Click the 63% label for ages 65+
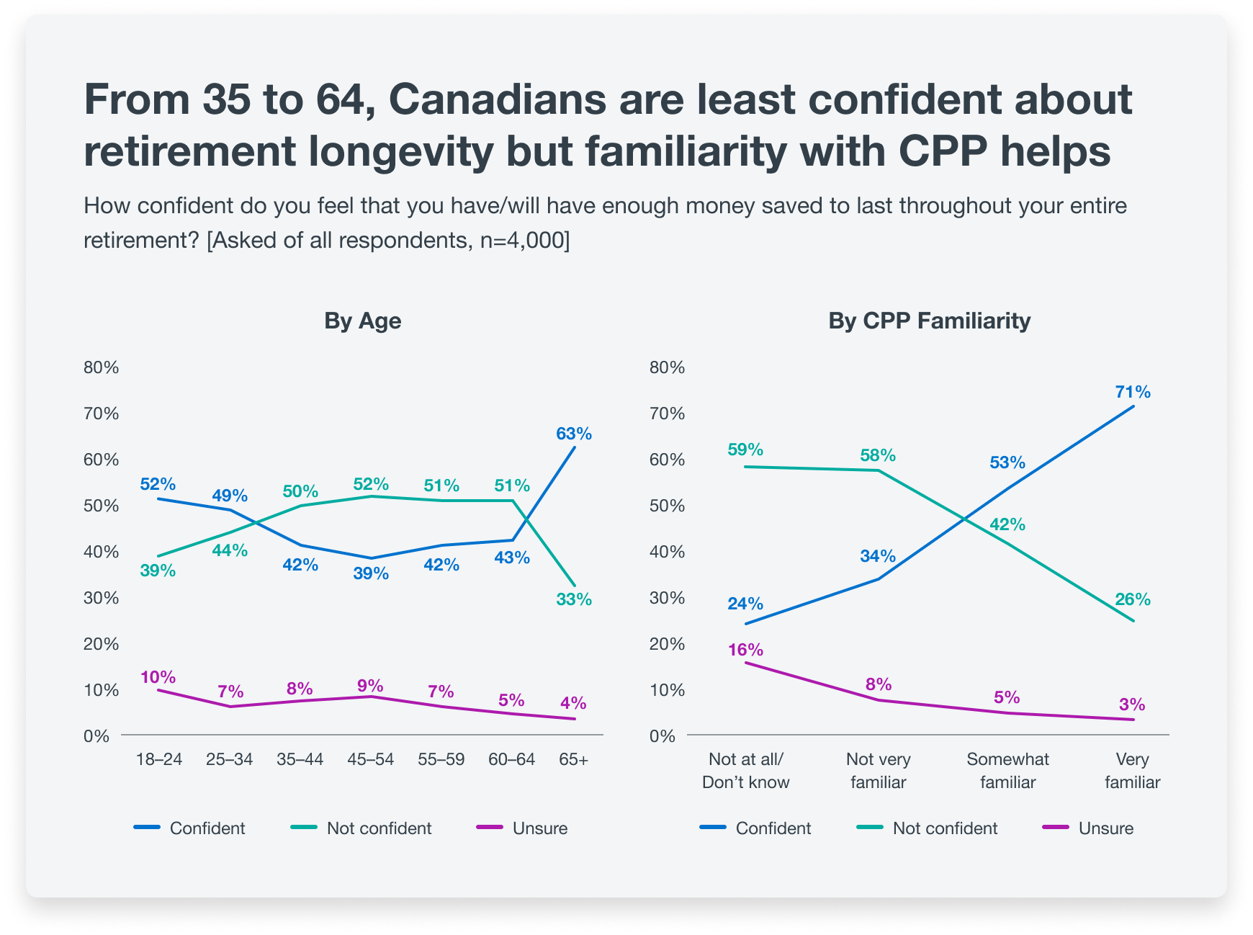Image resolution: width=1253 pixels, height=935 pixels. [574, 434]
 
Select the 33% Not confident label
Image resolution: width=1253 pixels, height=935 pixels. [574, 599]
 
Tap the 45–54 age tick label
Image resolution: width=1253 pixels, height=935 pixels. [370, 759]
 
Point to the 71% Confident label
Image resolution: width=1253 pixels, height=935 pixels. [1133, 392]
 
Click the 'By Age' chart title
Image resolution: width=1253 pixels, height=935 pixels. [362, 321]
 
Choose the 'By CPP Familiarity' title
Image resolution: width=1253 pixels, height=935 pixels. [929, 321]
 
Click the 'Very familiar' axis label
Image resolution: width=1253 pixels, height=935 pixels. [1132, 771]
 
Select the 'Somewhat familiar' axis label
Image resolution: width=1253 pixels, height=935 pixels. [1007, 771]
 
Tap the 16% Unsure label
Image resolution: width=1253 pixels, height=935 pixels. [745, 650]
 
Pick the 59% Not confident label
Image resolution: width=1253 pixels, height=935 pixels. [745, 450]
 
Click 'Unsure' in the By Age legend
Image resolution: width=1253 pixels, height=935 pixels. [539, 828]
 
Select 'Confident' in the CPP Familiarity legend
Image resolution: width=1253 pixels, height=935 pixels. [773, 828]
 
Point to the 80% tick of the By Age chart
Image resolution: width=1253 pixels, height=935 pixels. [101, 367]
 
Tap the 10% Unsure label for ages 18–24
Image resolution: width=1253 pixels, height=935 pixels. [158, 677]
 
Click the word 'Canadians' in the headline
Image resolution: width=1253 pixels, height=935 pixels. [498, 99]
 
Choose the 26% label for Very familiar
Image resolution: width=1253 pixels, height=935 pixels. [1133, 599]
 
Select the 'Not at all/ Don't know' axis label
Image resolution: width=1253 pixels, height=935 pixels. [745, 771]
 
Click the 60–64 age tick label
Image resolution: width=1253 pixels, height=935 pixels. [511, 759]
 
